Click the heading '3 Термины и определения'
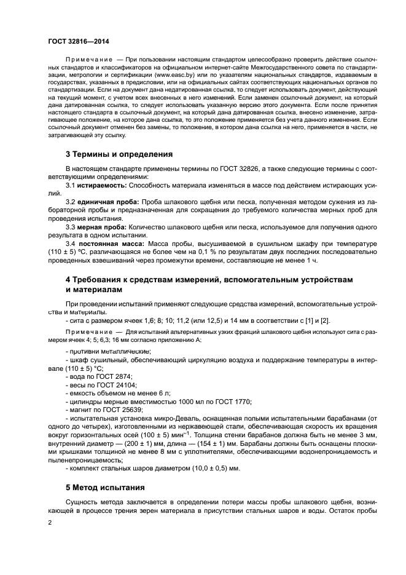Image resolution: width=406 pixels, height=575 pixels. (119, 154)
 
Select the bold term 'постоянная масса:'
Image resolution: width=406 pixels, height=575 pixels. (109, 244)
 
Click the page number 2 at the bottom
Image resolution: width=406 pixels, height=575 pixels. (49, 521)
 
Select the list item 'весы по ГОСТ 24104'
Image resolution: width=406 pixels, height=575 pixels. (100, 384)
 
